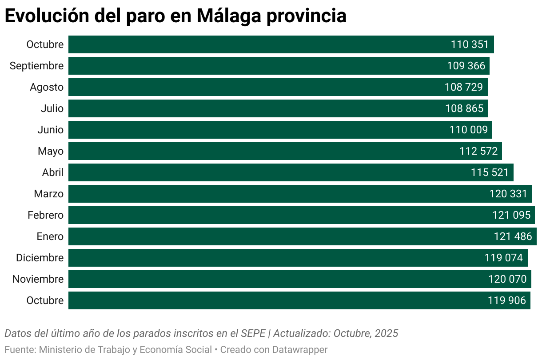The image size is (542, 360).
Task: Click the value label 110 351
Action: (x=470, y=44)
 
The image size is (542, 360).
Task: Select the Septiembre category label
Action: (x=36, y=66)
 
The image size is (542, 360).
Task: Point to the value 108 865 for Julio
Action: (x=464, y=108)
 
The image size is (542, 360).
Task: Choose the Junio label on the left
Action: (x=50, y=130)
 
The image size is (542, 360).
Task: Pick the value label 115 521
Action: (x=490, y=172)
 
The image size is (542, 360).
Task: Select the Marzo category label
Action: (x=48, y=194)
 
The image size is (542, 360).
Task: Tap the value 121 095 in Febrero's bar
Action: (x=511, y=215)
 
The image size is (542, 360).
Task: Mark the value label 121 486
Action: (x=513, y=236)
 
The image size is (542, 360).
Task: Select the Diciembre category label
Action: (x=40, y=258)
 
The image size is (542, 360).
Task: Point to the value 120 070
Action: (x=507, y=279)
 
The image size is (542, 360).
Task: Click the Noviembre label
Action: (x=38, y=279)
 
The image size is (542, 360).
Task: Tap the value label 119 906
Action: (x=507, y=300)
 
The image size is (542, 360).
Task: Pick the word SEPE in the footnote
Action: (x=253, y=333)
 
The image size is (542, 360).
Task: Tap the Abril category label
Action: (x=53, y=172)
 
